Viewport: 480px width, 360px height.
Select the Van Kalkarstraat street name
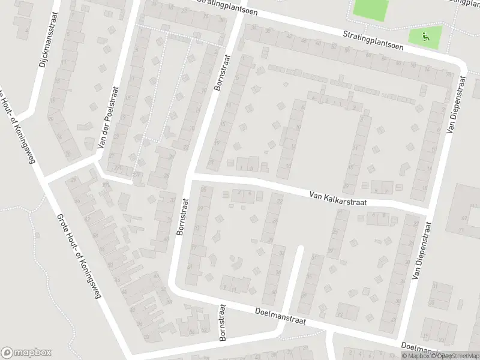[x=338, y=199]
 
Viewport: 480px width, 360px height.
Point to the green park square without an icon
[x=370, y=8]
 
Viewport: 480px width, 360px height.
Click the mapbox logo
[x=26, y=353]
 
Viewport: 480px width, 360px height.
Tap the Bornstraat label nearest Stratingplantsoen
[x=221, y=73]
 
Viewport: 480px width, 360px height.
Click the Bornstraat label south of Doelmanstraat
[x=224, y=322]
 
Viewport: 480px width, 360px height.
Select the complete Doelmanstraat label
[x=280, y=316]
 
